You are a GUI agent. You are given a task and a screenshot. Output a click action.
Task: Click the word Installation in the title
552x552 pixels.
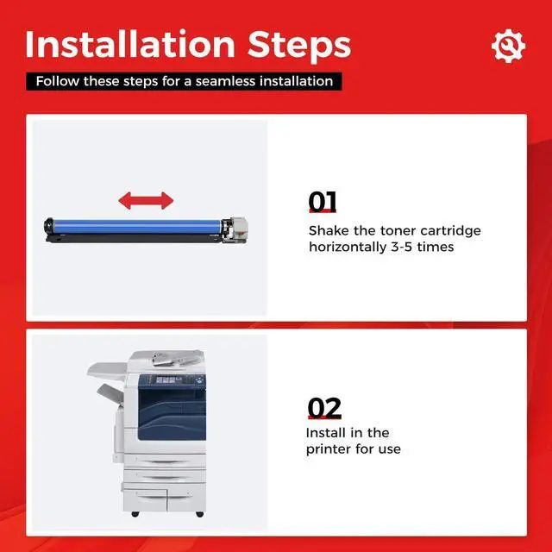tap(130, 44)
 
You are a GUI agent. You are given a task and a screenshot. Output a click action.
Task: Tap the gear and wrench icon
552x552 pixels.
tap(508, 46)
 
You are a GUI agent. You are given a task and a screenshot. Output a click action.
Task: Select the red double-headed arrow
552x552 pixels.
tap(146, 201)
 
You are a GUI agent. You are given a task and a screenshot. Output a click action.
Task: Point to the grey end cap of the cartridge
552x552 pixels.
tap(238, 225)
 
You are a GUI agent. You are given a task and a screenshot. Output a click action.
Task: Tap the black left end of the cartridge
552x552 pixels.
tap(48, 226)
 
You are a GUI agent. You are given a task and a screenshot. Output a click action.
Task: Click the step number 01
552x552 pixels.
tap(323, 201)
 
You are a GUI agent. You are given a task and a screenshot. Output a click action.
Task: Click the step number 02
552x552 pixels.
tap(324, 408)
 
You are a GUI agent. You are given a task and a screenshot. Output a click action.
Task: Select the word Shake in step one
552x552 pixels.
tap(329, 230)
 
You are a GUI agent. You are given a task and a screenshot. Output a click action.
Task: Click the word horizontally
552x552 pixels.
tap(348, 248)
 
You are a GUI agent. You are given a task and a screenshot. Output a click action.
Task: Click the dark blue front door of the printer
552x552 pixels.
tap(172, 415)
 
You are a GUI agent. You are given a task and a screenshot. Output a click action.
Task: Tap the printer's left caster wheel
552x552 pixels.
tap(135, 514)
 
